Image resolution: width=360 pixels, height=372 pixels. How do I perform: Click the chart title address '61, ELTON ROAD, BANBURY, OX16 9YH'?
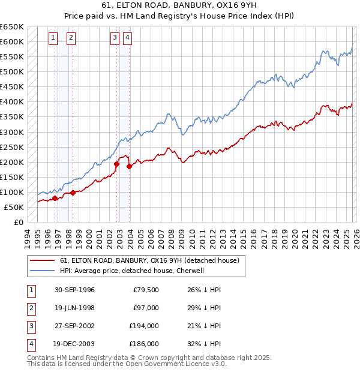(179, 7)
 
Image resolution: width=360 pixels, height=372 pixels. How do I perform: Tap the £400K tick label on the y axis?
(11, 102)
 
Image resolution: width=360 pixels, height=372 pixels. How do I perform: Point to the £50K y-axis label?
(13, 207)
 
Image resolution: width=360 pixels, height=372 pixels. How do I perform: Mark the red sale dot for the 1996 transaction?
(55, 198)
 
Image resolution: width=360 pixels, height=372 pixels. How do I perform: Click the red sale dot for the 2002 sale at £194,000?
(116, 163)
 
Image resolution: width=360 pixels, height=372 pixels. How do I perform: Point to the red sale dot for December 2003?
(129, 166)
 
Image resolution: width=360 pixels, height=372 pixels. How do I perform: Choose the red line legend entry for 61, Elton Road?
(149, 260)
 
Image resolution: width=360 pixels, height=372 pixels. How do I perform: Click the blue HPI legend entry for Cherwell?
(132, 271)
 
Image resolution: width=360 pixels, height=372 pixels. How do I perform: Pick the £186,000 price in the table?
(143, 344)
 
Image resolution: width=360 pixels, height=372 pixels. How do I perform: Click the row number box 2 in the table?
(30, 308)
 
